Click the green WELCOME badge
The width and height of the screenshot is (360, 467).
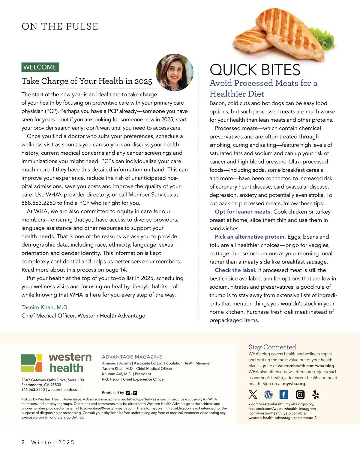(x=40, y=67)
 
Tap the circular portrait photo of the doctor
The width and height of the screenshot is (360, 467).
(x=175, y=72)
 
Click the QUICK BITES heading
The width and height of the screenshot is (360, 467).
(x=255, y=70)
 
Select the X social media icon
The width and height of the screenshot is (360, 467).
(x=253, y=394)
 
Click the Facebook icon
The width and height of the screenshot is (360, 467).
(x=283, y=394)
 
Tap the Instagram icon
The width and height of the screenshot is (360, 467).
(x=300, y=394)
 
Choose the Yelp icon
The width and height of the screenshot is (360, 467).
(x=316, y=394)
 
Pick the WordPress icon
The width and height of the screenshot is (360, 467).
(x=268, y=394)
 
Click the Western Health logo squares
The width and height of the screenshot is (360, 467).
(x=31, y=363)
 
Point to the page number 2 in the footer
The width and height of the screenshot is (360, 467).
(x=23, y=442)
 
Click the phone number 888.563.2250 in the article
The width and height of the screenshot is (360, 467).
(x=38, y=203)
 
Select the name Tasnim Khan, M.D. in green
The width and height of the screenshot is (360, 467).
(x=45, y=307)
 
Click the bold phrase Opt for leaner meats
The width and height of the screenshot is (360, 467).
(x=243, y=212)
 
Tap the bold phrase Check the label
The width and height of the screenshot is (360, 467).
(x=235, y=270)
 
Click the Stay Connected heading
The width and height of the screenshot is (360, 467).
(x=272, y=347)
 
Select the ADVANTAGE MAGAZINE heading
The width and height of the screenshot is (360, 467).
(x=132, y=357)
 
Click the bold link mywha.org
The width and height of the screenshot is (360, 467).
(x=294, y=384)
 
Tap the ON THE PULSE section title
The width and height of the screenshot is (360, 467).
(x=60, y=26)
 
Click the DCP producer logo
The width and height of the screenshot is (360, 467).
(x=131, y=393)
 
